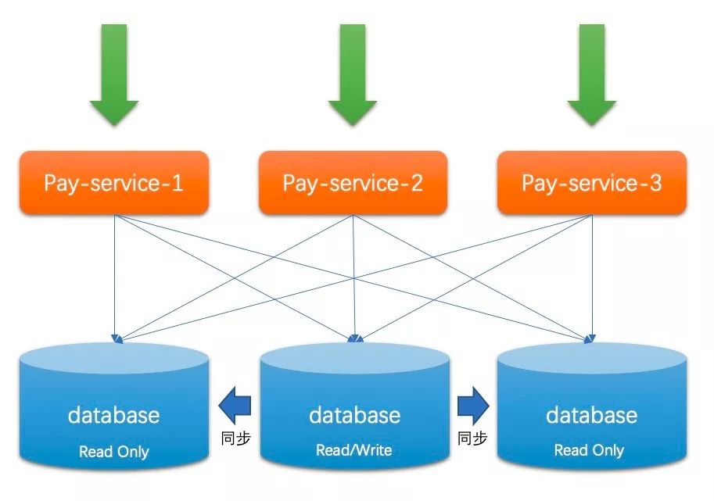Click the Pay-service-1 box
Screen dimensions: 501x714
click(114, 183)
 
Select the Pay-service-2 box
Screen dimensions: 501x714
click(353, 183)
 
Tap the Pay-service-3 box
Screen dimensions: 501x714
click(591, 183)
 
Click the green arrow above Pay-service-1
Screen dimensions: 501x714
click(114, 74)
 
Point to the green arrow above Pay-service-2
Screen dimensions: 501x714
click(353, 74)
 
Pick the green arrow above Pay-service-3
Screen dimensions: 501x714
click(591, 74)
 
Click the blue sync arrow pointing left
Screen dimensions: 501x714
click(235, 405)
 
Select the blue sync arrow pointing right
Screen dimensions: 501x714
click(473, 405)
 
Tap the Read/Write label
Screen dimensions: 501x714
click(353, 450)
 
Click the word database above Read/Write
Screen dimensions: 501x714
click(354, 415)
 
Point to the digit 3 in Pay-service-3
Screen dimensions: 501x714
click(655, 183)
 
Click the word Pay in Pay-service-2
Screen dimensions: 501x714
click(300, 184)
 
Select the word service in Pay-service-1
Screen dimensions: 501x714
click(123, 183)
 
